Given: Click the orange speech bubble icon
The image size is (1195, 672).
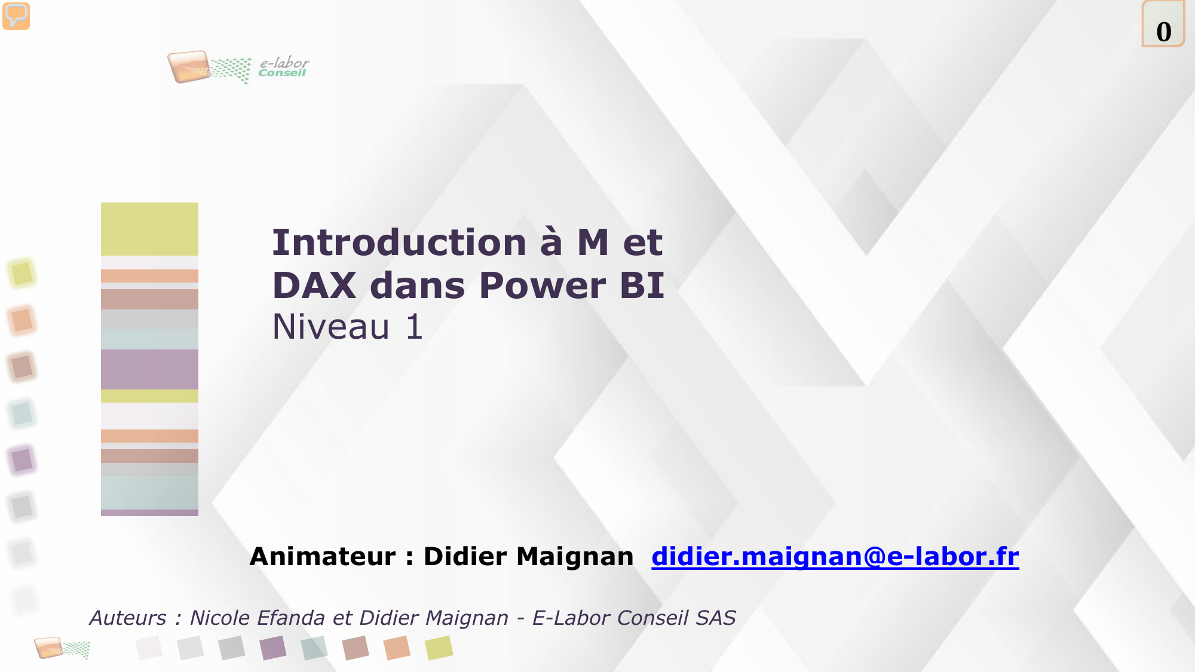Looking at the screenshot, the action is (16, 16).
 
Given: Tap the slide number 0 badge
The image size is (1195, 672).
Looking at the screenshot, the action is (1163, 24).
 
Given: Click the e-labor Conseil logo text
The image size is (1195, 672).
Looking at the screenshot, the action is (284, 67).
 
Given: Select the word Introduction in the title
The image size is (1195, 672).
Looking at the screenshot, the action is (399, 243).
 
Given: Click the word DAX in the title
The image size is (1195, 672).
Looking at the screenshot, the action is (314, 286).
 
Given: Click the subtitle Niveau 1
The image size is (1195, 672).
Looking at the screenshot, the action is (348, 327).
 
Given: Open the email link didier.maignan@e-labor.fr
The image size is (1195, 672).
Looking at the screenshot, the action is (835, 556).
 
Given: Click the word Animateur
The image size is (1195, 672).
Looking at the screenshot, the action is (323, 556).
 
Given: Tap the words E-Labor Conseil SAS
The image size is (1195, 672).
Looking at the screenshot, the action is (634, 618).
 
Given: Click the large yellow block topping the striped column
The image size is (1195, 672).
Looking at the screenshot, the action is (149, 229).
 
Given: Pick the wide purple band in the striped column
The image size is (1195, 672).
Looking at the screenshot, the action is (149, 369).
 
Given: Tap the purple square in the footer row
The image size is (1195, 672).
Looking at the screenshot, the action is (274, 648).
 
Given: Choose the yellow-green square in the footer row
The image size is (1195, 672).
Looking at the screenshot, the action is (439, 648).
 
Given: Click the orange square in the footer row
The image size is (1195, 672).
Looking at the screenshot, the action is (397, 648).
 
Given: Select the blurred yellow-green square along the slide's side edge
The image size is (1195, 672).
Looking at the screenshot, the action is (22, 274).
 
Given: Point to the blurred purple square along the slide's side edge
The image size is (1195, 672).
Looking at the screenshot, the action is (22, 460).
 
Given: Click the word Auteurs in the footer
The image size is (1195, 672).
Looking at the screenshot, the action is (128, 618).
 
